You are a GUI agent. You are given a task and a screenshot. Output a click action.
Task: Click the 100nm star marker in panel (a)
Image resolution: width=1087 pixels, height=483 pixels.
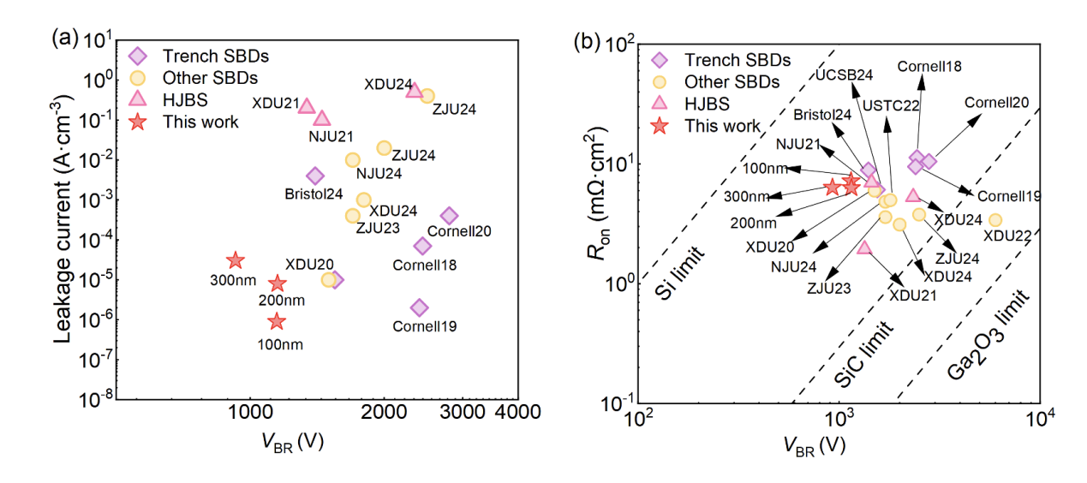(276, 321)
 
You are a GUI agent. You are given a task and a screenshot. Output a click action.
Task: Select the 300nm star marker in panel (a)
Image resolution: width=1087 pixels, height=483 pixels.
(235, 260)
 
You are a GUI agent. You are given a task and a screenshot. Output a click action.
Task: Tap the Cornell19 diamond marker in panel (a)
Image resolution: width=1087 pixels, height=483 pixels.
(419, 307)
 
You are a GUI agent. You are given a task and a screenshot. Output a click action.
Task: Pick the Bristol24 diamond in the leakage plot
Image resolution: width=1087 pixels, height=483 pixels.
(315, 176)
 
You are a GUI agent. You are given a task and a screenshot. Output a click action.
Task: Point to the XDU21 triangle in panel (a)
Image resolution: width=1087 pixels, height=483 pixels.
(307, 106)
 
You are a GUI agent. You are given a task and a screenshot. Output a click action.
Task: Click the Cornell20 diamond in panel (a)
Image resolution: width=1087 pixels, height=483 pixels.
(449, 216)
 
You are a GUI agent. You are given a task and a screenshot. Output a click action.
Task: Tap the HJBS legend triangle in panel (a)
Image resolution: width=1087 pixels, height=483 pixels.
(135, 99)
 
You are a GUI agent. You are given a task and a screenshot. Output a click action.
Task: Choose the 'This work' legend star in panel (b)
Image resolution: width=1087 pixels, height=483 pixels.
(660, 127)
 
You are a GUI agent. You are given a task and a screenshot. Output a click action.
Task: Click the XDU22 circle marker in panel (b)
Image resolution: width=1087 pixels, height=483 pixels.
(994, 220)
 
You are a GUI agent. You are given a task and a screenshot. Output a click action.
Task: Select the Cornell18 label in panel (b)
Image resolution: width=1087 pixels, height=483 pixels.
(929, 66)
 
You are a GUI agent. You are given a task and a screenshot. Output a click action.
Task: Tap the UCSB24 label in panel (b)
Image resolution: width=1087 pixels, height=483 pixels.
(844, 75)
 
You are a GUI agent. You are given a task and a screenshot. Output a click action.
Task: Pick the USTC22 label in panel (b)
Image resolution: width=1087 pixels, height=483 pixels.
(891, 105)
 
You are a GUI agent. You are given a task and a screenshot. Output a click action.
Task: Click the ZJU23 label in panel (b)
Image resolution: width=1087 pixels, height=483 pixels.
(828, 288)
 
